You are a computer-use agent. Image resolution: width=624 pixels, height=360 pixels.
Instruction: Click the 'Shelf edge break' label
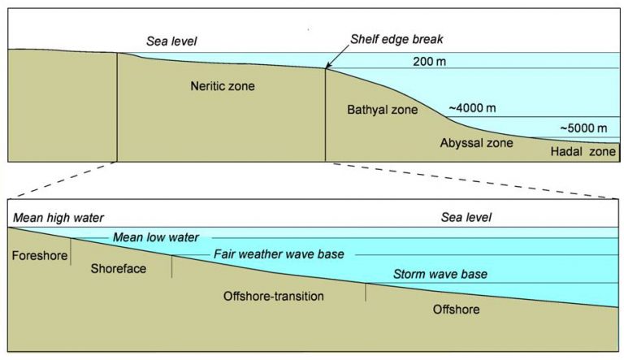tap(396, 39)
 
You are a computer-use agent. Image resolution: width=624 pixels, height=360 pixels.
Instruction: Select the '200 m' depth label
tap(429, 61)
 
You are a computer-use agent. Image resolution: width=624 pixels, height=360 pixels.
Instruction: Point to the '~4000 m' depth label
tap(472, 108)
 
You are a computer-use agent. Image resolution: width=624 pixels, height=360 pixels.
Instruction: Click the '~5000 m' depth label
tap(584, 128)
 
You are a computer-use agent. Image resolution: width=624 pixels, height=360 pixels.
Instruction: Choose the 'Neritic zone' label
tap(223, 85)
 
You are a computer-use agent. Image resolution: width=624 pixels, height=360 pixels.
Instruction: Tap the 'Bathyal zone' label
tap(383, 110)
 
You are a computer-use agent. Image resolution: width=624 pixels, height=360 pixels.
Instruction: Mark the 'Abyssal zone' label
tap(476, 143)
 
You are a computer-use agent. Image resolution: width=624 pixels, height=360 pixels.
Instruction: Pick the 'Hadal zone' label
tap(583, 151)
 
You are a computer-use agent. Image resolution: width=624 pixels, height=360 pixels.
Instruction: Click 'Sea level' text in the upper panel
tap(171, 41)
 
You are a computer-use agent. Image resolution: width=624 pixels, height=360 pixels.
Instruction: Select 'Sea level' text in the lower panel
tap(466, 217)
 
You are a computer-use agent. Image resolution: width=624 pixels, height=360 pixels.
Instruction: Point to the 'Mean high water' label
tap(58, 218)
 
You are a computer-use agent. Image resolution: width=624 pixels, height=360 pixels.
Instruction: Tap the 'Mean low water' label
tap(156, 237)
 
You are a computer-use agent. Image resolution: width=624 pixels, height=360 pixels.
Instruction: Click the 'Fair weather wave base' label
tap(279, 254)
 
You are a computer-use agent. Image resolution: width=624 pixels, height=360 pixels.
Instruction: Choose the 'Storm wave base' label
tap(440, 274)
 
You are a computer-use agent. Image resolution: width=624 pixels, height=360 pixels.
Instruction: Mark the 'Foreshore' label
tap(40, 255)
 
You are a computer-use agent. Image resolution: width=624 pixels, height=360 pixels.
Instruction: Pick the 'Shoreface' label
tap(118, 268)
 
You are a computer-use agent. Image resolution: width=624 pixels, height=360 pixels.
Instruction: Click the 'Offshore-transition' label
tap(273, 296)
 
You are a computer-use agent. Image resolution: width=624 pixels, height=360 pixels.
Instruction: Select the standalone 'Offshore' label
tap(456, 310)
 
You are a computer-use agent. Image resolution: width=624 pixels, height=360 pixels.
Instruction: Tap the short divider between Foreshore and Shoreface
tap(71, 252)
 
